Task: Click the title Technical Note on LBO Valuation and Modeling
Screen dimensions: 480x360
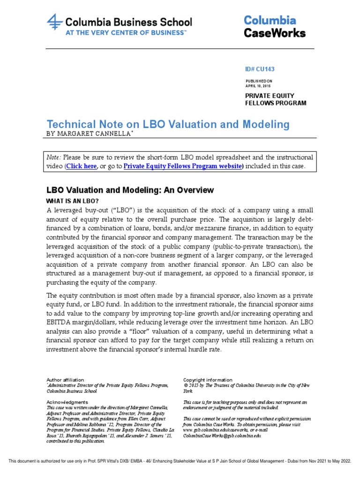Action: [168, 124]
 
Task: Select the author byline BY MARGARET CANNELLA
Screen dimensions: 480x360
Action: [91, 134]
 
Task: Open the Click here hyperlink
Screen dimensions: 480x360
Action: [82, 166]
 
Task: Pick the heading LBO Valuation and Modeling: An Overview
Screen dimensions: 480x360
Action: [130, 190]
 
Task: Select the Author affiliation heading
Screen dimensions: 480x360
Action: [65, 380]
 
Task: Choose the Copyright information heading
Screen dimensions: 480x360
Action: [208, 380]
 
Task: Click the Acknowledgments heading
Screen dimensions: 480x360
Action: [67, 402]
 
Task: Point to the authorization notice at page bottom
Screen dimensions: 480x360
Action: [180, 461]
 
